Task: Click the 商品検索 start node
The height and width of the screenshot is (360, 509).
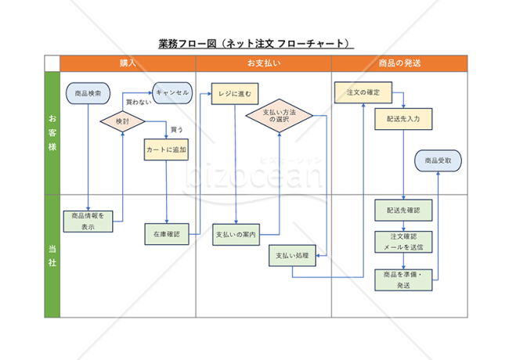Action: [88, 93]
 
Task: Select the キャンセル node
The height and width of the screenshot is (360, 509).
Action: [173, 92]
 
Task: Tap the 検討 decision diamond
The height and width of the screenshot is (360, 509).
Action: [123, 121]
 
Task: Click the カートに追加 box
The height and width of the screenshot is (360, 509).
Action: [167, 149]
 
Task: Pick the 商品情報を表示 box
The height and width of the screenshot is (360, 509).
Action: [88, 221]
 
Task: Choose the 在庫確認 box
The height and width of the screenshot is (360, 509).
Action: [166, 233]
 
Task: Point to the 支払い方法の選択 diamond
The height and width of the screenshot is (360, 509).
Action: [279, 116]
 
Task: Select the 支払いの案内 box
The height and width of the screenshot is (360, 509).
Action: [236, 233]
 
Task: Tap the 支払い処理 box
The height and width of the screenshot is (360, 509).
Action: [292, 256]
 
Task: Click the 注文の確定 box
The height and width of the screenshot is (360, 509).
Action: [363, 92]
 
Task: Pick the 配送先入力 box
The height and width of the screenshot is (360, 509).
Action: [403, 119]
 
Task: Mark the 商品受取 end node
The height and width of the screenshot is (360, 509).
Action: [438, 160]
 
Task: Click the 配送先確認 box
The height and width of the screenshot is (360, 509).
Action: [403, 211]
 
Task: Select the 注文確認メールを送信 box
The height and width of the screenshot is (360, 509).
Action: [403, 241]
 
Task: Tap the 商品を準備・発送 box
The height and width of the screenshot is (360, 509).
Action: [403, 280]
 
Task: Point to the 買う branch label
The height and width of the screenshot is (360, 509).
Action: [177, 129]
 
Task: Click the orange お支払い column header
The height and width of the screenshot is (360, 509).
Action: [264, 63]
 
